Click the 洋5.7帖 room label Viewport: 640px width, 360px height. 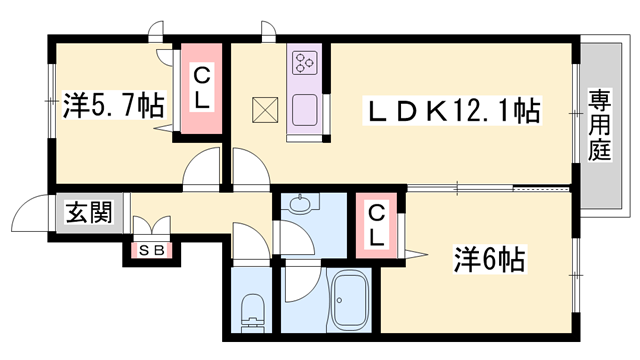pos(113,103)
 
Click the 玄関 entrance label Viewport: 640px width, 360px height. pos(88,213)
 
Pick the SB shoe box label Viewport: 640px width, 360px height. pos(145,249)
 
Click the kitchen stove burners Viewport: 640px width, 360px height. pos(304,64)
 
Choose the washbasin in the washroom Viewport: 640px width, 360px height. pos(300,206)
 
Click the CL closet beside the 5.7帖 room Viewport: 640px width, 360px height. pos(201,87)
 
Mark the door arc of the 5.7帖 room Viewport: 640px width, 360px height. pos(203,165)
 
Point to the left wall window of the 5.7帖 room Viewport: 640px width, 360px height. pos(51,103)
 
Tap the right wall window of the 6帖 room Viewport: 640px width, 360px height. pos(577,258)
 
